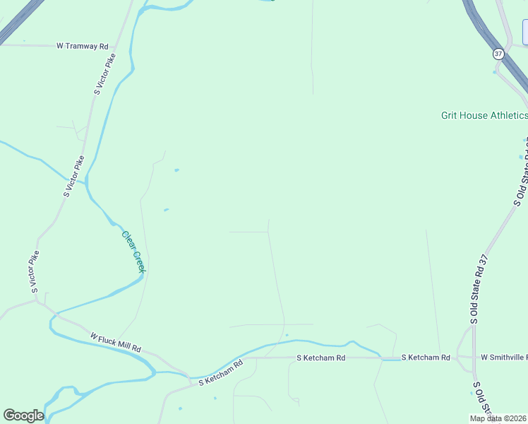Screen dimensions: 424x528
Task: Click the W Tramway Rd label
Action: [82, 46]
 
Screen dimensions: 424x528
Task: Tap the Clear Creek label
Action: [133, 252]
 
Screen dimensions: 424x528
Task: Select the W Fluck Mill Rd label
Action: [116, 343]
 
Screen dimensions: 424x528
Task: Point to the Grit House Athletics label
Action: [484, 115]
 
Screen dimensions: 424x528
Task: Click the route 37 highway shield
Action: [499, 54]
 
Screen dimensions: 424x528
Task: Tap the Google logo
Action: [23, 416]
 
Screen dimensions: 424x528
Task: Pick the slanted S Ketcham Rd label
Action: [220, 372]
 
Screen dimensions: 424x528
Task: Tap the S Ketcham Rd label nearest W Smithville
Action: [426, 358]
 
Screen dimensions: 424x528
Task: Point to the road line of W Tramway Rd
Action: [28, 45]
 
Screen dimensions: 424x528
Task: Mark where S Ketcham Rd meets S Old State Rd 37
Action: [460, 358]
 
